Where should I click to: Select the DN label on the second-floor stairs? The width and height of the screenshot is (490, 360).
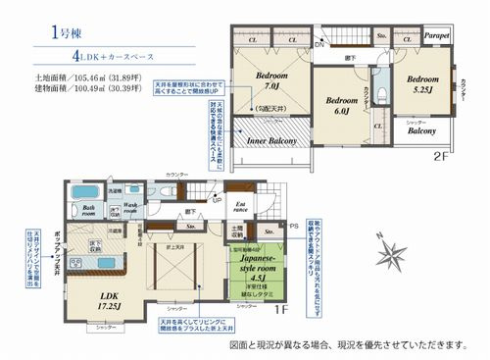[x=319, y=46]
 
